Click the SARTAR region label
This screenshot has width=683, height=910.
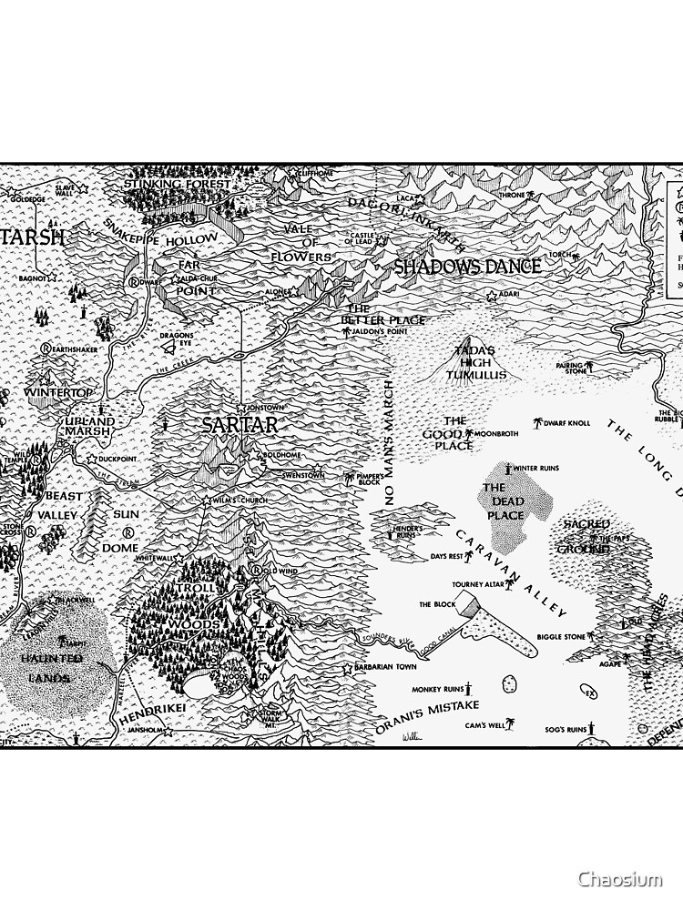(240, 425)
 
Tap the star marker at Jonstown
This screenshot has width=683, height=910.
(240, 407)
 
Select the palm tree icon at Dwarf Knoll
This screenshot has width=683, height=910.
(537, 423)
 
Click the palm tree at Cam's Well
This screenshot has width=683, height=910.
(510, 724)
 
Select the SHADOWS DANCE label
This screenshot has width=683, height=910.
(467, 267)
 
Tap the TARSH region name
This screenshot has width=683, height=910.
(33, 238)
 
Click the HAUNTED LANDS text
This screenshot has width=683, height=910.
(51, 667)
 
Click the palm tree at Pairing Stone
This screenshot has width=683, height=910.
(588, 367)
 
